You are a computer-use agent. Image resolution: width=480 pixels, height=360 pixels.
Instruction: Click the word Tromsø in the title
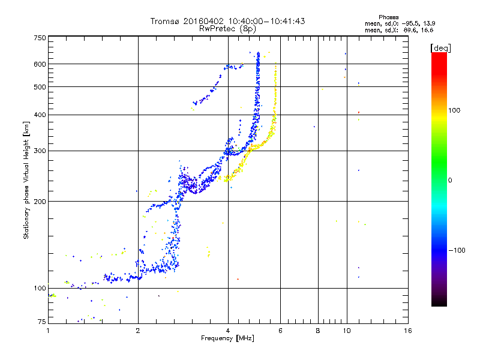click(x=165, y=21)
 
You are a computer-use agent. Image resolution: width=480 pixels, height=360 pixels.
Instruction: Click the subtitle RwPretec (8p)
click(x=227, y=28)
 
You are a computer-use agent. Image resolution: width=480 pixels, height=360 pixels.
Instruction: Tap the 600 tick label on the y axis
click(x=40, y=64)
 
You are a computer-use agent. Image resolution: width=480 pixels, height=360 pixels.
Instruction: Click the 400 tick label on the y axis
click(x=40, y=115)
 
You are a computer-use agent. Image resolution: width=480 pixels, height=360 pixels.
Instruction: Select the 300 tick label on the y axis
click(x=40, y=151)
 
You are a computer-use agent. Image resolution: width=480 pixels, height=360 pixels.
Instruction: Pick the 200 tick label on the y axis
click(x=40, y=202)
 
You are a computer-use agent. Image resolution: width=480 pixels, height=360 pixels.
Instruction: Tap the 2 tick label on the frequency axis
click(x=138, y=331)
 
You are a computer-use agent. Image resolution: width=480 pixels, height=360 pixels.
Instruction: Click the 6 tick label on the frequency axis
click(x=281, y=331)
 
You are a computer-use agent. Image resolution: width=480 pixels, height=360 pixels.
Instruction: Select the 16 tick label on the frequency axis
click(x=407, y=331)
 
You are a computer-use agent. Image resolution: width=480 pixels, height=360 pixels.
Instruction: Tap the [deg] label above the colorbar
click(x=441, y=48)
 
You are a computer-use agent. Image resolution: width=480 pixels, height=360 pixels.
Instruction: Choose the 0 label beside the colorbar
click(x=451, y=180)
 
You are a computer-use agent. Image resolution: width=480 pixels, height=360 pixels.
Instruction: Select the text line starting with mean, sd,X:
click(x=400, y=29)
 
